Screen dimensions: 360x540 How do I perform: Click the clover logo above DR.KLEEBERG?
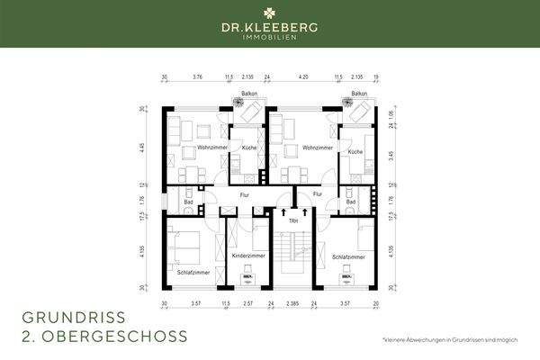coord(270,13)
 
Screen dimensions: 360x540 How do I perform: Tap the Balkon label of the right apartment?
coord(359,94)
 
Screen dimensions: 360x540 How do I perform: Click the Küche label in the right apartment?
coord(355,152)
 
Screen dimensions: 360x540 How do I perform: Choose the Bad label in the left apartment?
coord(189,202)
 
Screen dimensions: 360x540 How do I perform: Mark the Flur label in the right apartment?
coord(317,193)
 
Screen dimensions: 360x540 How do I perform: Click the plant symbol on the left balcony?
coord(240,104)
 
